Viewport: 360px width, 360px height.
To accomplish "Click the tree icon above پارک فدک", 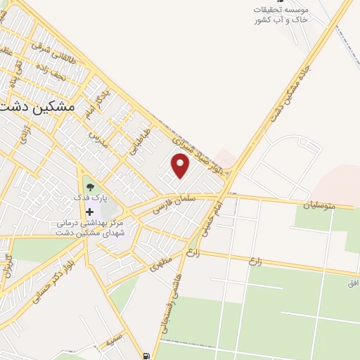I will point(91,187).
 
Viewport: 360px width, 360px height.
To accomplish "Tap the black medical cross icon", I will point(90,211).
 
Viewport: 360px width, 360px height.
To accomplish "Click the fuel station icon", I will point(146,356).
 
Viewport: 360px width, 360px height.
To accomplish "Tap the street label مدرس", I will point(96,138).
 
